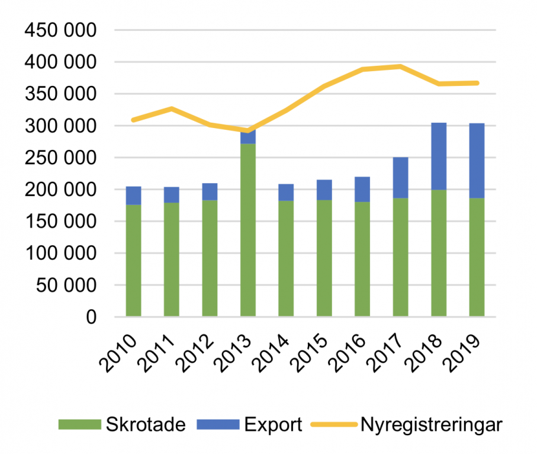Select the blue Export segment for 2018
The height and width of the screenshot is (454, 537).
[x=439, y=156]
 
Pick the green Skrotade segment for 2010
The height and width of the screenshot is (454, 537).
[x=133, y=260]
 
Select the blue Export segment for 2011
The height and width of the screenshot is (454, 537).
[x=172, y=195]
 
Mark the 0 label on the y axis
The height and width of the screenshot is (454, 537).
[x=90, y=317]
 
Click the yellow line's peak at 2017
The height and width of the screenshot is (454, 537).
[x=400, y=66]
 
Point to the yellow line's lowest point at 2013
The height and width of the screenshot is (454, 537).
[x=247, y=130]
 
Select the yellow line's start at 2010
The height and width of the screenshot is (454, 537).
[x=133, y=120]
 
